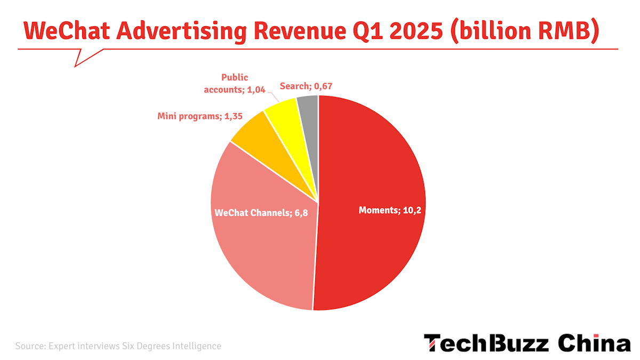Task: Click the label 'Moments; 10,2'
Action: pos(390,210)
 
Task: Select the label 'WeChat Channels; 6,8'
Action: pos(261,213)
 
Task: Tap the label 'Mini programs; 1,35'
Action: pos(200,116)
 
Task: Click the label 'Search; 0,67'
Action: pos(306,86)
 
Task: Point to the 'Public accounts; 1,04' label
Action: pos(235,83)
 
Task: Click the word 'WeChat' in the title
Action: pos(67,31)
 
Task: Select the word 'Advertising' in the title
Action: pos(182,32)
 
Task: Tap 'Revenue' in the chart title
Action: pos(300,31)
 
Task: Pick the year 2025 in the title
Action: pos(416,31)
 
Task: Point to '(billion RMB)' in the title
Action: pos(525,31)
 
